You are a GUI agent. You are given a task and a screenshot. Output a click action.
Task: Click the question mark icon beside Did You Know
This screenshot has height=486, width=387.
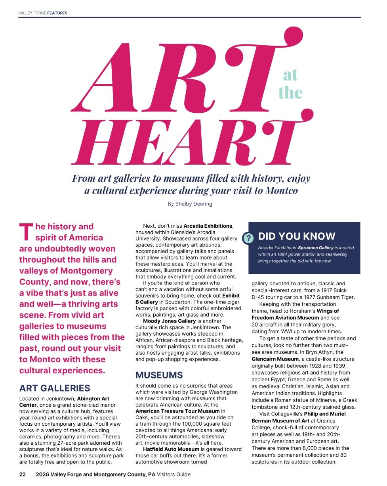click(248, 238)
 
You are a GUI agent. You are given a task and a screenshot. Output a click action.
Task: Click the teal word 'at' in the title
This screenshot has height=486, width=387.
click(290, 75)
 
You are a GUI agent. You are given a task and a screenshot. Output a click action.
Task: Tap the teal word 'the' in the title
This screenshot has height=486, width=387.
click(290, 92)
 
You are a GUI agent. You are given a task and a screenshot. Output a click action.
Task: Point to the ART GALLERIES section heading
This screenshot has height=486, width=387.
click(55, 388)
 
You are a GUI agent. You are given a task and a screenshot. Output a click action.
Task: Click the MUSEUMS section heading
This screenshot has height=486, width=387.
click(159, 375)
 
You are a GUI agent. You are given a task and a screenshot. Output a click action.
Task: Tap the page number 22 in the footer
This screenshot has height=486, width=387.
click(23, 474)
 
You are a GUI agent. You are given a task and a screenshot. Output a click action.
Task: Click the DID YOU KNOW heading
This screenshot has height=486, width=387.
click(297, 236)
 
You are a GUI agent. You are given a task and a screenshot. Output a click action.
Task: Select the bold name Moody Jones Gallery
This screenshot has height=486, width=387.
click(169, 321)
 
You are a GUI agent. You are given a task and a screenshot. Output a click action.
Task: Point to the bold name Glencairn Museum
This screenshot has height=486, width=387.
click(275, 359)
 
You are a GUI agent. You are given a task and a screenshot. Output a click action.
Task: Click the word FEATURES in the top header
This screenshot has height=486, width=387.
click(57, 13)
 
